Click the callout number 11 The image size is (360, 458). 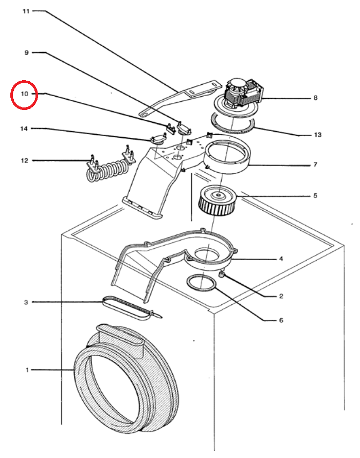pos(26,11)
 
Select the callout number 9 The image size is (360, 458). pos(26,52)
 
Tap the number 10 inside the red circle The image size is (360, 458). pos(24,95)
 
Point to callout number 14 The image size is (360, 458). pos(24,128)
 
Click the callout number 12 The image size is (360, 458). pos(24,161)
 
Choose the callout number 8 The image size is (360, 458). pos(315,98)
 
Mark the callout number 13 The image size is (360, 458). pos(317,135)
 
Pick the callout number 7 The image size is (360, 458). pos(315,165)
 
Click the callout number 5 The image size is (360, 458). pos(315,196)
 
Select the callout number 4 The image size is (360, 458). pos(281,259)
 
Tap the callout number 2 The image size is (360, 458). pos(281,296)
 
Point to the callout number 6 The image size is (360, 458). pos(281,320)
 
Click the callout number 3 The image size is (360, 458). pos(26,302)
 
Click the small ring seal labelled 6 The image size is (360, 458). pos(201,283)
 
